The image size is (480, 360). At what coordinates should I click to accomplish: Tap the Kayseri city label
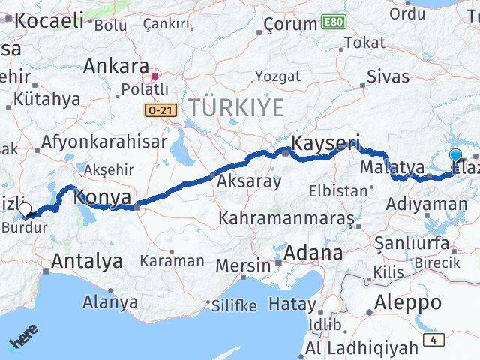325,142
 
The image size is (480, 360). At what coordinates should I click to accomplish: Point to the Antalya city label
87,262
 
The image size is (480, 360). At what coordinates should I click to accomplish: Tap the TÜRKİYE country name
235,108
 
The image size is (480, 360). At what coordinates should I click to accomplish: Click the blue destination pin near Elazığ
456,157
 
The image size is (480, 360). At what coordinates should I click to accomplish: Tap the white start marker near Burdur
25,209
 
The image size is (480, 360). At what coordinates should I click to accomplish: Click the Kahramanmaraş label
286,219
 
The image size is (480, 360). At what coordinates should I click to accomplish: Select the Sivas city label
388,76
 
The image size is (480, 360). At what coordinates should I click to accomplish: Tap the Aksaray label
249,181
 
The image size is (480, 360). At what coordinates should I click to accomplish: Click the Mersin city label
244,265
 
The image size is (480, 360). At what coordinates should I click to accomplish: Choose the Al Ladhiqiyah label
362,348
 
